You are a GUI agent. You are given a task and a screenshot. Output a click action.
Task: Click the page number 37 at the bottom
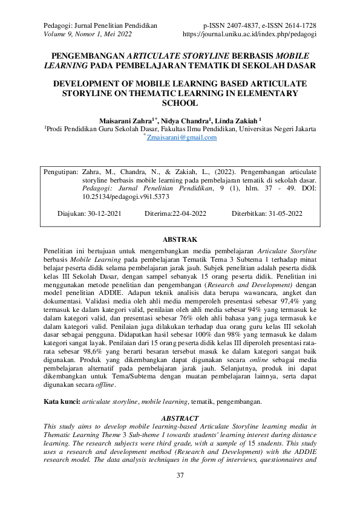click(180, 476)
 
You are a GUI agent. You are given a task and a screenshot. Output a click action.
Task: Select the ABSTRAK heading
click(180, 240)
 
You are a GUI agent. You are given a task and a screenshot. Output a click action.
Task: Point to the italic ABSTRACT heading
click(180, 418)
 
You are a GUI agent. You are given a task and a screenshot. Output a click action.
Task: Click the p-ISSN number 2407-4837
click(247, 26)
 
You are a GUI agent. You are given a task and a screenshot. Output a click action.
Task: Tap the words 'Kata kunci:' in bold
click(62, 401)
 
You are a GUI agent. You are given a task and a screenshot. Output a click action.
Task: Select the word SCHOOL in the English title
click(180, 103)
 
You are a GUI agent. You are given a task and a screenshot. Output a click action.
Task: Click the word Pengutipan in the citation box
click(61, 172)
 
